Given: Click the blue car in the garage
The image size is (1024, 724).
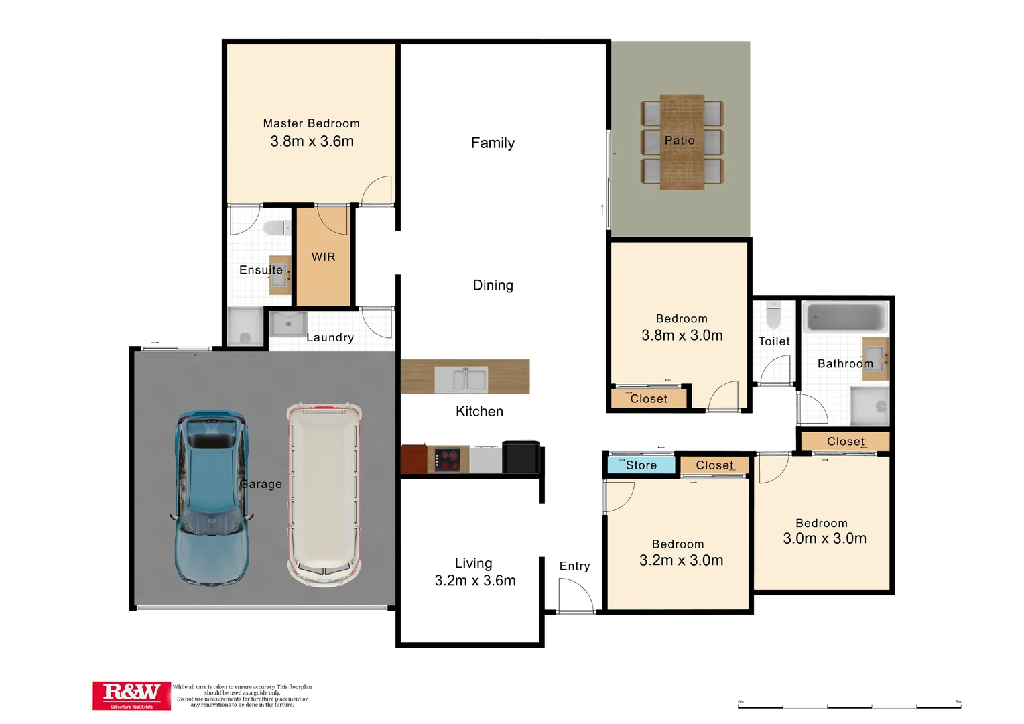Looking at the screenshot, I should click(x=211, y=499).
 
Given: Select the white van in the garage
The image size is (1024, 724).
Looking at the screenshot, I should click(x=324, y=495).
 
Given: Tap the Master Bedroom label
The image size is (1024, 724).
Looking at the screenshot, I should click(x=311, y=123).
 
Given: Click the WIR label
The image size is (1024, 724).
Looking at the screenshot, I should click(x=323, y=257).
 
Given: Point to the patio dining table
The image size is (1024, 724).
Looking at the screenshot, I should click(x=682, y=141).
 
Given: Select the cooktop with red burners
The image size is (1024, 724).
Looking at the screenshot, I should click(x=448, y=460).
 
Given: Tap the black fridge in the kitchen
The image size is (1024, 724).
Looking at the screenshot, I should click(x=521, y=457).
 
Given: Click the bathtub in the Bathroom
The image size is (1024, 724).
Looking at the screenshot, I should click(x=845, y=317).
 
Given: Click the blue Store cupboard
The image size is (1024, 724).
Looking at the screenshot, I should click(x=641, y=465).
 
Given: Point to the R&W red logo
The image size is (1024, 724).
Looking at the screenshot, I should click(x=131, y=695).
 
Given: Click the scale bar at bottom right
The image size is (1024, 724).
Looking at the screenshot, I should click(x=849, y=705).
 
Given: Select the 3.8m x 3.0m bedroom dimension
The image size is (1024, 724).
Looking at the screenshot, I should click(x=682, y=335).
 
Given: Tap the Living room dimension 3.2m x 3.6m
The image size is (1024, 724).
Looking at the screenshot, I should click(x=474, y=581).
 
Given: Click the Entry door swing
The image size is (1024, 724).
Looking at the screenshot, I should click(x=575, y=595).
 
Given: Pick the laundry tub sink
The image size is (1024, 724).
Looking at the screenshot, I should click(x=288, y=324).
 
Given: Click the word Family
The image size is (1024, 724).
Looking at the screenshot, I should click(x=493, y=143).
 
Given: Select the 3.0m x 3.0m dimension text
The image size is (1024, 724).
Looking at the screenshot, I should click(x=824, y=538).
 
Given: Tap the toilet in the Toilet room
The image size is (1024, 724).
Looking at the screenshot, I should click(x=773, y=314).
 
